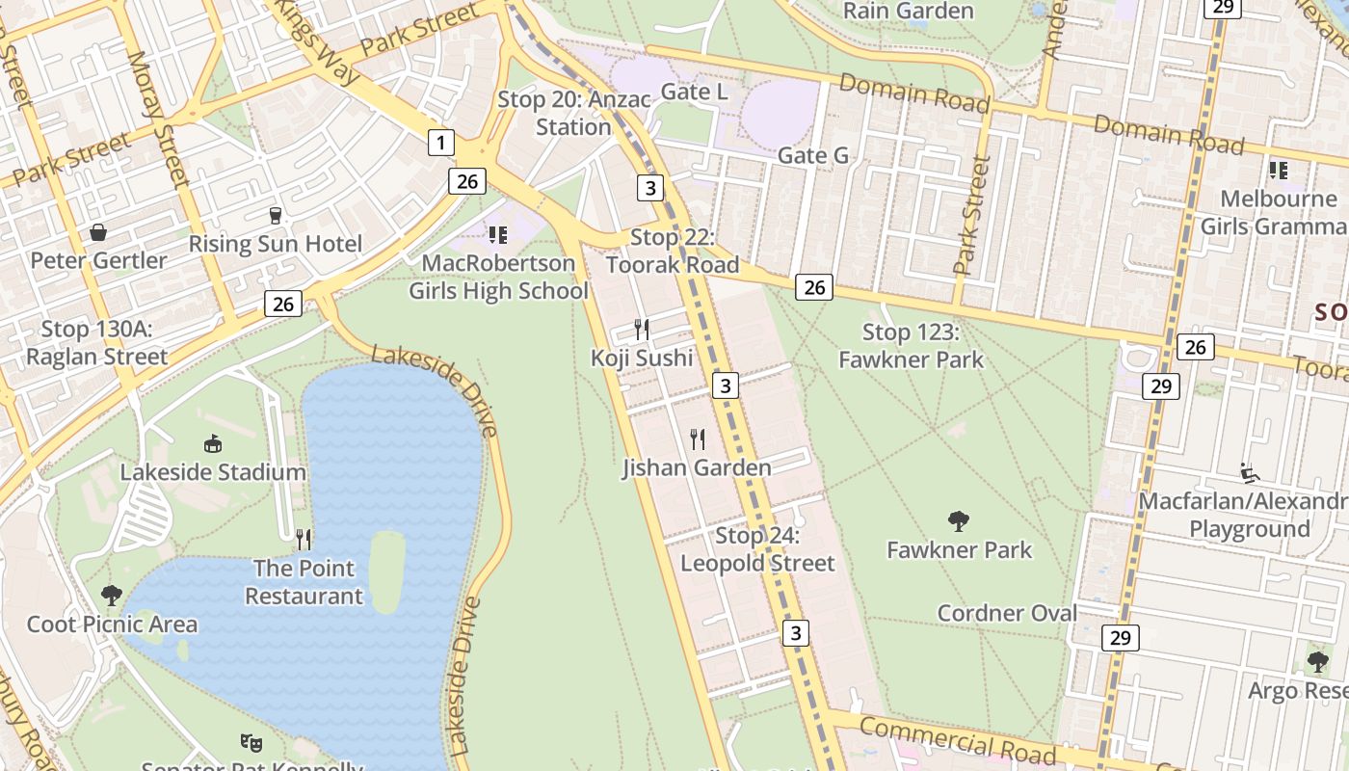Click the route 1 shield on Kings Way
coord(440,144)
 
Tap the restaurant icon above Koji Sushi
coord(642,330)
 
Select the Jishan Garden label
coord(697,468)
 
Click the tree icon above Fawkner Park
coord(959,521)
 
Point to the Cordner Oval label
coord(1007,613)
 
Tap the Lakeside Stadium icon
coord(213,443)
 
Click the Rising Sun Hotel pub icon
coord(276,215)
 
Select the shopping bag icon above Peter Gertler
coord(98,232)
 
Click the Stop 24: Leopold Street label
coord(757,549)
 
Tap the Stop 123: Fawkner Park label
coord(911,346)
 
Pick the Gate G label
coord(812,155)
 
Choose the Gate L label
coord(694,92)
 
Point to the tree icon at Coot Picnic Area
coord(112,595)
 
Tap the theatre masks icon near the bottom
coord(251,742)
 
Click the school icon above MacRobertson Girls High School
coord(497,234)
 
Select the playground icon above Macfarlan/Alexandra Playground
coord(1250,473)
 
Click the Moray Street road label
coord(159,118)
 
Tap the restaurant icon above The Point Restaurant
coord(304,539)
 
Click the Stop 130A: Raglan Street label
coord(96,342)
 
